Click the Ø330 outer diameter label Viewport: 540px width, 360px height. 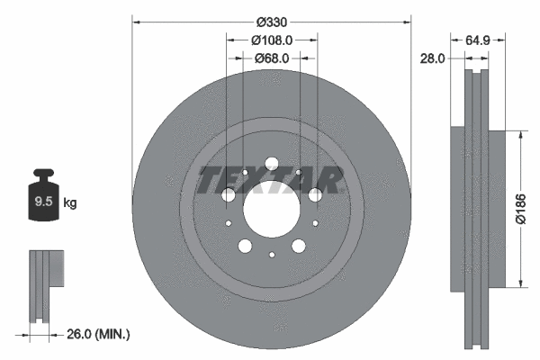tap(271, 21)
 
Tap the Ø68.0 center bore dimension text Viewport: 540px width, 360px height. tap(271, 59)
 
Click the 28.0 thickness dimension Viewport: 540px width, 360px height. tap(434, 59)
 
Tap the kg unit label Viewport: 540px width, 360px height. tap(70, 203)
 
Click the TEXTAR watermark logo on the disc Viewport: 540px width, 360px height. tap(271, 180)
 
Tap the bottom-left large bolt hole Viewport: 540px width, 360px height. tap(244, 247)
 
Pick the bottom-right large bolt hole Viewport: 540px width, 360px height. tap(298, 247)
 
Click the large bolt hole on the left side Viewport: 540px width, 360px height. tap(228, 195)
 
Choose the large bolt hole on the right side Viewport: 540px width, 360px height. tap(315, 195)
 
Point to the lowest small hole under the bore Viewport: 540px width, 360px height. tap(271, 255)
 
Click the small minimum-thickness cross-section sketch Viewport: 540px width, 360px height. tap(45, 284)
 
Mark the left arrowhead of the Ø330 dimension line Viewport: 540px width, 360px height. tap(137, 21)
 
